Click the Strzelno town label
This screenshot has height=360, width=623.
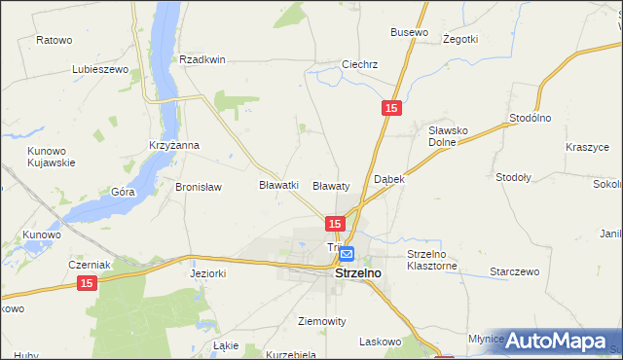point(358,274)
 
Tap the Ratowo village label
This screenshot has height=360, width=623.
point(55,40)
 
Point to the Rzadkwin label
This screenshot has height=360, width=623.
point(202,59)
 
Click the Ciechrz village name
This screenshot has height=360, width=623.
point(359,65)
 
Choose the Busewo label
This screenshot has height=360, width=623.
point(409,32)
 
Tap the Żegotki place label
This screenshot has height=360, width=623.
point(459,39)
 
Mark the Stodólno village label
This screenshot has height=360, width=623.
point(531,118)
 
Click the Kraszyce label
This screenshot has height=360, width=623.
point(587,147)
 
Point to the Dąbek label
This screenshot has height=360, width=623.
point(389,180)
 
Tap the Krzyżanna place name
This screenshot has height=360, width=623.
point(174,146)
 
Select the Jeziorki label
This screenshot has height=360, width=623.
point(207,274)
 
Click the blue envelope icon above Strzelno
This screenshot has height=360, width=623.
point(348,255)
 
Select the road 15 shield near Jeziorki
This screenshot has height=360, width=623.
point(88,282)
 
